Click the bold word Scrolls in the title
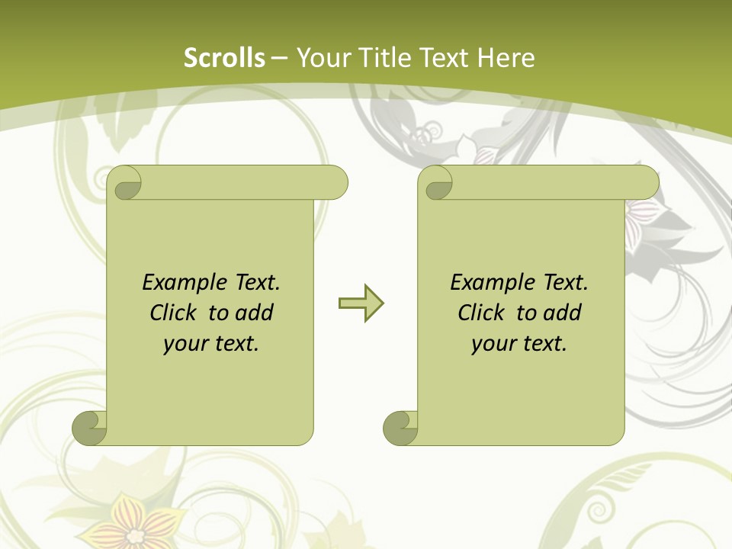225,58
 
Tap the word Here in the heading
506,58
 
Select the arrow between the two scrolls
361,303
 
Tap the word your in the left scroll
185,343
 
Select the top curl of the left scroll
124,184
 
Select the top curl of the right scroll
435,184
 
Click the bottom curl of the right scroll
400,428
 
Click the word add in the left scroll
254,313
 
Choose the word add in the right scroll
562,313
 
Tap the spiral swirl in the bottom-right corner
602,507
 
